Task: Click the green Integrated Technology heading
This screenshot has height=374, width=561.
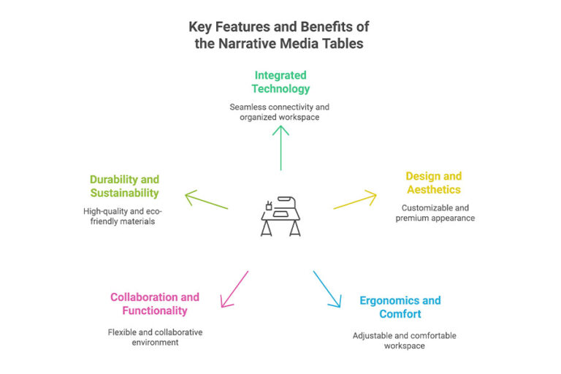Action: [280, 82]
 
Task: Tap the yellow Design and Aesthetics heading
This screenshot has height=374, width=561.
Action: [434, 183]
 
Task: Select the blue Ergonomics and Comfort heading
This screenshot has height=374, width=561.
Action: [400, 307]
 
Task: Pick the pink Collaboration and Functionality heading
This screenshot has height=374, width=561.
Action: [155, 304]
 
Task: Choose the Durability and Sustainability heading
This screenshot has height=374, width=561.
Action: [124, 186]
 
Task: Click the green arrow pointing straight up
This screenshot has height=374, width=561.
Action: [280, 147]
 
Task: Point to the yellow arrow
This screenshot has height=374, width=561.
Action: [355, 201]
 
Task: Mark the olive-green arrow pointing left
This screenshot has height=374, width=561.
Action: [207, 201]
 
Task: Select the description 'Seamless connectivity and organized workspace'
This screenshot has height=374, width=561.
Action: [280, 112]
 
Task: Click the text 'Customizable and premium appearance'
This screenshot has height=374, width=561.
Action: [434, 213]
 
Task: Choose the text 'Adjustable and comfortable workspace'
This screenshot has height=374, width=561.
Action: [400, 340]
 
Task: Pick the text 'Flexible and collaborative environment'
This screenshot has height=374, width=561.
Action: [155, 336]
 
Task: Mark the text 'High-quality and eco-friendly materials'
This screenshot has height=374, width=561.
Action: [124, 216]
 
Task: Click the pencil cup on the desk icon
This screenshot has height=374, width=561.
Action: [269, 206]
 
